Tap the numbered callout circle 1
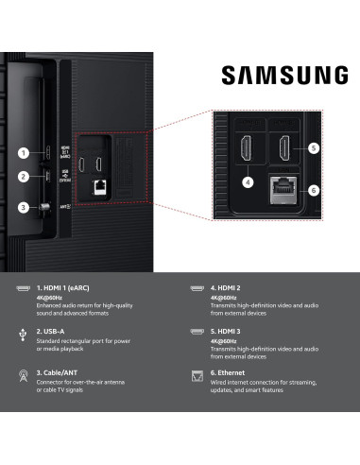(24, 153)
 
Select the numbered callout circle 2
(24, 177)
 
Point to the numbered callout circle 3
(24, 208)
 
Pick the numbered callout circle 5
(313, 149)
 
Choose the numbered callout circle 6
(313, 190)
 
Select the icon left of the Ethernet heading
(197, 377)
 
